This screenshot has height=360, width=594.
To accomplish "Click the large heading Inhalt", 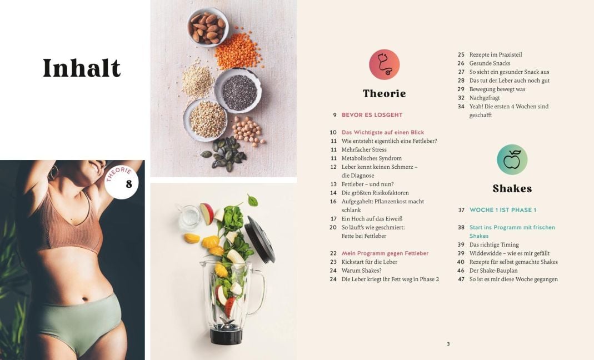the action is [82, 68].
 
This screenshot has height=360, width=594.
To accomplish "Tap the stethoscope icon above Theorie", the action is [384, 64].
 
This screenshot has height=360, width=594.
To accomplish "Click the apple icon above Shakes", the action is [512, 159].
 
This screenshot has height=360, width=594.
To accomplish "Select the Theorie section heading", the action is [384, 93].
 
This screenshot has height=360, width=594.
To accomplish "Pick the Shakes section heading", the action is [512, 189].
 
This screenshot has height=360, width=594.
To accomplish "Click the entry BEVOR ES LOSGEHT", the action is [372, 115].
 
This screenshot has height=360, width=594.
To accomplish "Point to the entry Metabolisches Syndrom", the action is [372, 158].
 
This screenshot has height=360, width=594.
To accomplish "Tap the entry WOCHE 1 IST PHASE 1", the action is [503, 210].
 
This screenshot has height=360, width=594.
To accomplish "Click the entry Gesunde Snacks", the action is [490, 63].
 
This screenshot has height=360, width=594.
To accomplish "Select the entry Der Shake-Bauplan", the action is [493, 271].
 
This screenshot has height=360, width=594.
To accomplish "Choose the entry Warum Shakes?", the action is [361, 271].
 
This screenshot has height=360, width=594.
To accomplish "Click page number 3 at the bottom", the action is [448, 344].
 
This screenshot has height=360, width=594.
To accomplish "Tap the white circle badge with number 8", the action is [122, 182].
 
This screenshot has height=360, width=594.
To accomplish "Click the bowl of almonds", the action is [208, 27].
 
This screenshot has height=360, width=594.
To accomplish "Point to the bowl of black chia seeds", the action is [238, 91].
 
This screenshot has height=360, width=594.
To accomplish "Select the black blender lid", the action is [260, 239].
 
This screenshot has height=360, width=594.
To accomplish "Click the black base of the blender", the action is [226, 333].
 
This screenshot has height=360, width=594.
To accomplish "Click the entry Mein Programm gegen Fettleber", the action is [385, 253].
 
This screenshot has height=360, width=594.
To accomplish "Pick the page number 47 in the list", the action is [461, 279].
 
